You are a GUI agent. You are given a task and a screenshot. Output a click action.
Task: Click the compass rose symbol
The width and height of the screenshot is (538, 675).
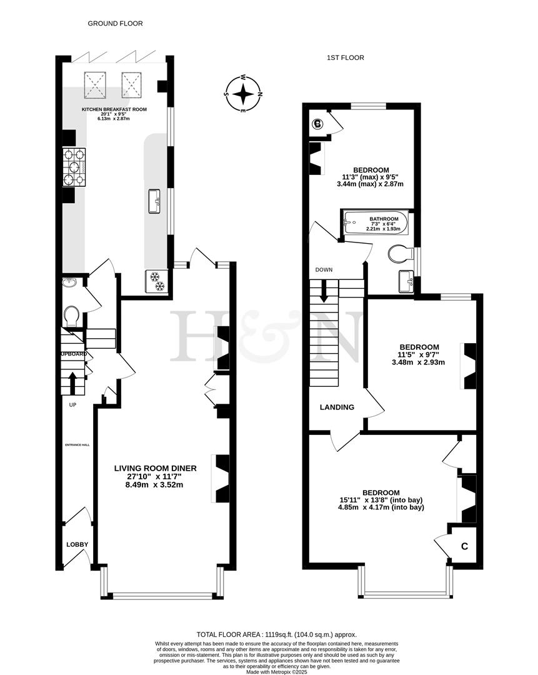point(243,94)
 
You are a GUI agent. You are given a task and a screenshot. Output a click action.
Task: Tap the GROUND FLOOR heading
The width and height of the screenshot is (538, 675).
point(115,23)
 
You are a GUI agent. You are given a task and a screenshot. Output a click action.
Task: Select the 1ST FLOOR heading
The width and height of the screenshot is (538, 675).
point(345,57)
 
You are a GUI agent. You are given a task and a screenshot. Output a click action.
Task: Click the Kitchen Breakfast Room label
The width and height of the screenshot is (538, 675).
point(114,109)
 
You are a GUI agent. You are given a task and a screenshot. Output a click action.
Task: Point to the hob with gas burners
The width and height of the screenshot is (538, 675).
point(74,167)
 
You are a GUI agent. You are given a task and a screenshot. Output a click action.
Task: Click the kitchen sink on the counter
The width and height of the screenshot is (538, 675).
point(154,201)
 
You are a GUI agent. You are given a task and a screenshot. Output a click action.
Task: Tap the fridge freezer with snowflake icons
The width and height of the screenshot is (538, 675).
point(156,281)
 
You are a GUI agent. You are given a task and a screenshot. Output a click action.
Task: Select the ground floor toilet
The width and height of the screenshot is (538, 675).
point(71,316)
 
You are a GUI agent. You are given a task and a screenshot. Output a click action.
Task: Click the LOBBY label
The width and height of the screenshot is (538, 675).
point(77,544)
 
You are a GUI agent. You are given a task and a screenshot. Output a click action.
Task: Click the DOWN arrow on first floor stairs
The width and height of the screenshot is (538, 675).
point(324,291)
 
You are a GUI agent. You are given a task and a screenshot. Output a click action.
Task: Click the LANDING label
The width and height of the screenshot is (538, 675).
point(337,407)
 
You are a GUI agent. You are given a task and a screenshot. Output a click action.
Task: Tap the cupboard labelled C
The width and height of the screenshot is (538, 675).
point(464,546)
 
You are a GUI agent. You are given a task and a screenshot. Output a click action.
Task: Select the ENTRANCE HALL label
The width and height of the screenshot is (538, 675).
point(77,445)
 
